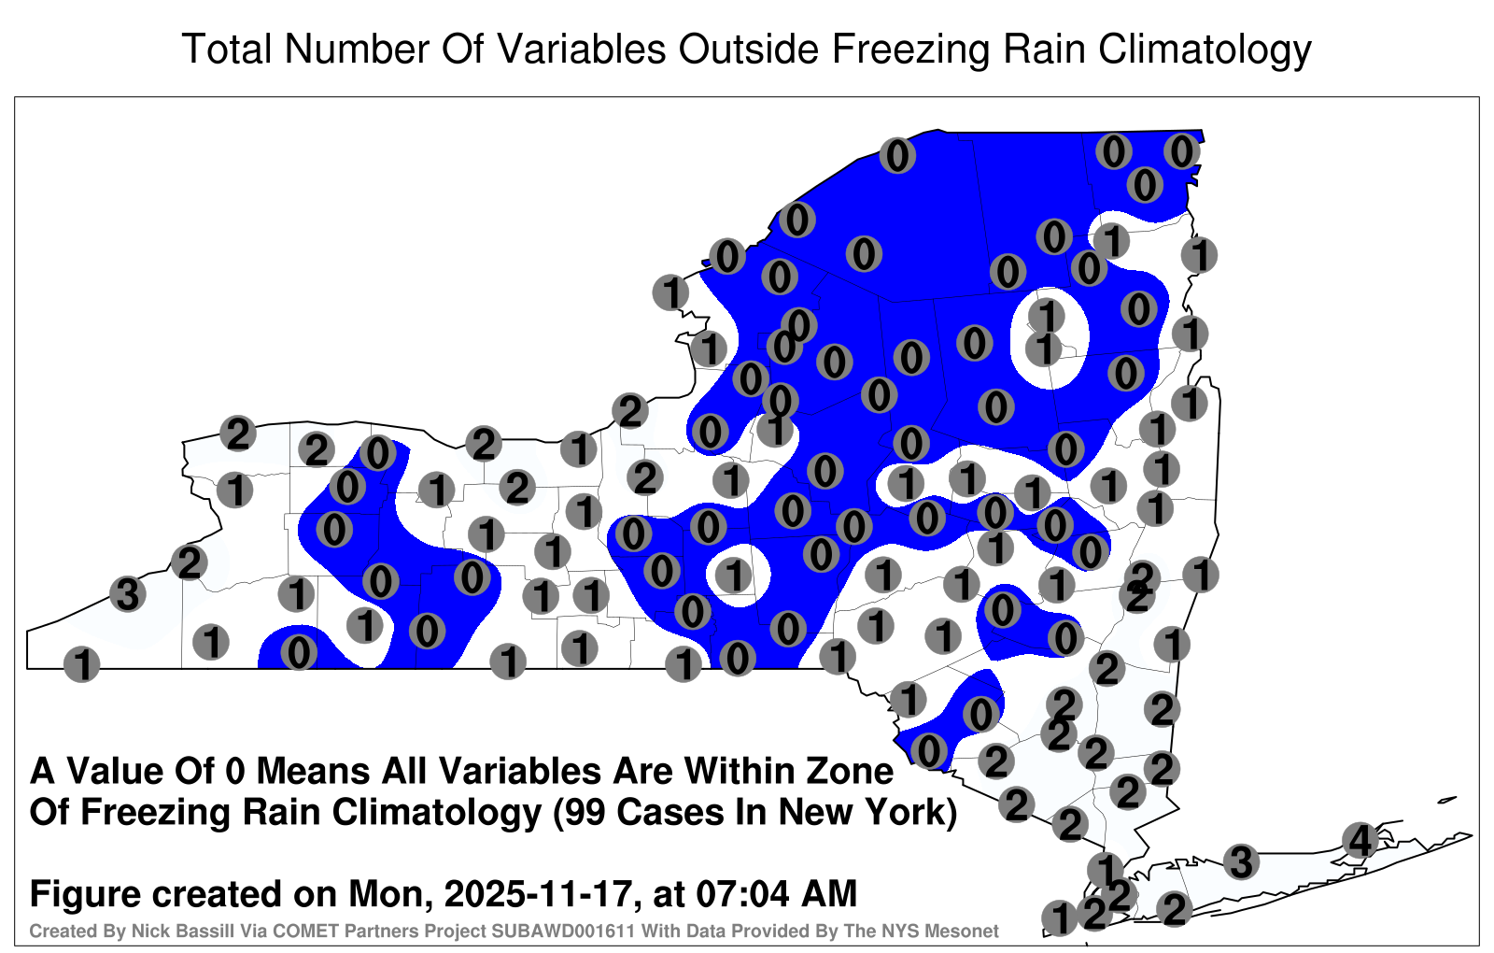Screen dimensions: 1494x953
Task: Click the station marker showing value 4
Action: pyautogui.click(x=1360, y=840)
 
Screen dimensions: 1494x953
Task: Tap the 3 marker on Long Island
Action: pyautogui.click(x=1241, y=861)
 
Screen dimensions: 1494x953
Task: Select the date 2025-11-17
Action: pyautogui.click(x=538, y=893)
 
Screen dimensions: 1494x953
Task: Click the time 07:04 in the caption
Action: pyautogui.click(x=733, y=893)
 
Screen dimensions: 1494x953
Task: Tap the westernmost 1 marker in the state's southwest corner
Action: pyautogui.click(x=81, y=664)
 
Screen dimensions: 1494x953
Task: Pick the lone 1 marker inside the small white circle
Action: pyautogui.click(x=734, y=575)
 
